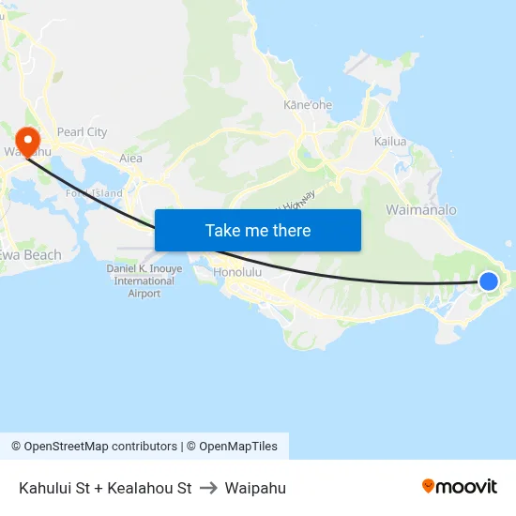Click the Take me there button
[258, 230]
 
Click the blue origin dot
[489, 281]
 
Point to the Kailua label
[389, 142]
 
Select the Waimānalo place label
[421, 209]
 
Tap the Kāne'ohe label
[308, 105]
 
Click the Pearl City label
[82, 132]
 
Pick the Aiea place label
[130, 159]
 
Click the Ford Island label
[94, 193]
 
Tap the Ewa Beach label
[31, 255]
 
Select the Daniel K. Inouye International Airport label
[144, 281]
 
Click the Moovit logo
[459, 486]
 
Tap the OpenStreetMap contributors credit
[94, 447]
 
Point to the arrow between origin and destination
[208, 488]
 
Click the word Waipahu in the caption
[255, 488]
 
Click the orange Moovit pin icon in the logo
[429, 486]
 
